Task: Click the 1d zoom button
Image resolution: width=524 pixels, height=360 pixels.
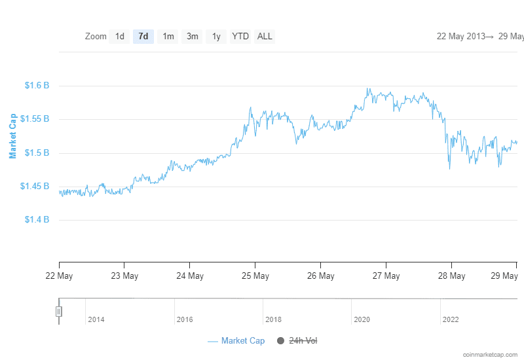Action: click(119, 37)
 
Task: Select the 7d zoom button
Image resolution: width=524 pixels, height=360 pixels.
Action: click(143, 37)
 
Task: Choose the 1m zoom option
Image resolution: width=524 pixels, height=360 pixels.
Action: click(168, 37)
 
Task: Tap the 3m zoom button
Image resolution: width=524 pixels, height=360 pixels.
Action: click(193, 37)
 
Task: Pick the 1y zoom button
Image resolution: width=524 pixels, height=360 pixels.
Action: click(216, 37)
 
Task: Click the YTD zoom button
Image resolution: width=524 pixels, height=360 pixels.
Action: click(240, 37)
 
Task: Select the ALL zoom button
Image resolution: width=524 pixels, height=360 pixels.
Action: click(265, 37)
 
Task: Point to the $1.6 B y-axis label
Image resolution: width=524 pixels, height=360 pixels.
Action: click(37, 86)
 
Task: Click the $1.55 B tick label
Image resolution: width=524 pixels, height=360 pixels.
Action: click(35, 119)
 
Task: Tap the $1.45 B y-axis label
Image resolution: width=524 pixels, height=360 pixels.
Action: click(35, 187)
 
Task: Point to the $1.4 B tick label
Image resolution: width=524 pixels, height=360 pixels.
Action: click(37, 220)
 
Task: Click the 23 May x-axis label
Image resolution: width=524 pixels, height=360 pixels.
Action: click(124, 276)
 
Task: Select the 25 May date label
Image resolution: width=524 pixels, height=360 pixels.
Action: click(255, 276)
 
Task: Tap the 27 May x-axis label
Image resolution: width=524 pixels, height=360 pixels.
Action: click(386, 276)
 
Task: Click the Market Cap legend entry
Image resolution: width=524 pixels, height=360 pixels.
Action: click(236, 341)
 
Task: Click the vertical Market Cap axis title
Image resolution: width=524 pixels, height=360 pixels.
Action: click(13, 136)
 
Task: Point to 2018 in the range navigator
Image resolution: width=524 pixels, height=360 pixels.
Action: click(274, 320)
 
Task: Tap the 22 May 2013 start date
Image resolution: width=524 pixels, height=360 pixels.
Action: click(460, 37)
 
